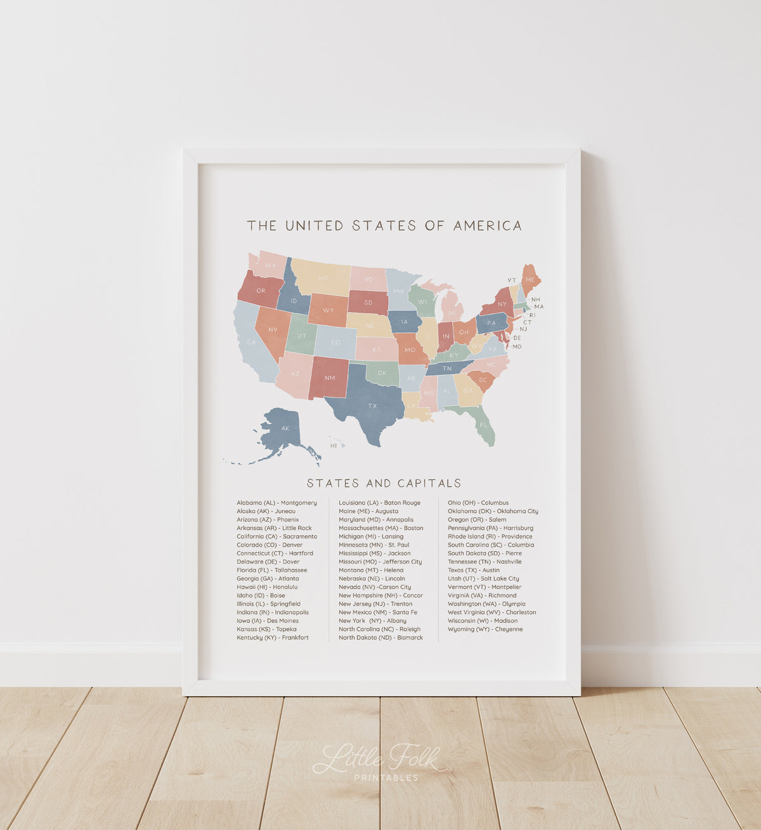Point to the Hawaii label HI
334,446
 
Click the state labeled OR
261,290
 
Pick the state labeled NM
330,378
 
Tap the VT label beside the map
512,280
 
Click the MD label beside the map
517,347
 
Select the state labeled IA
404,321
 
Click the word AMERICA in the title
487,226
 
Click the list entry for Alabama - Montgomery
276,503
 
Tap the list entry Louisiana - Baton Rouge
379,503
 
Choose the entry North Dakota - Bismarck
380,638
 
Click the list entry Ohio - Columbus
478,503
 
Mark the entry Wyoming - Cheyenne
485,629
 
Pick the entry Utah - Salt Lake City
483,578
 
